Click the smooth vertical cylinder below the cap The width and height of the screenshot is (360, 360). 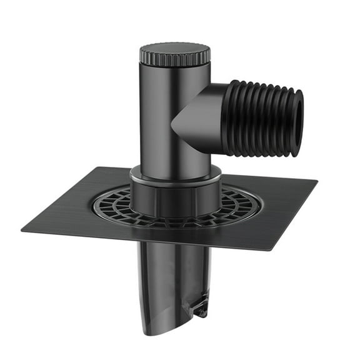point(161,119)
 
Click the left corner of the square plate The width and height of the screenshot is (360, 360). point(24,230)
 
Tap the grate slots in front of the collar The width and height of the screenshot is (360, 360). point(175,220)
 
